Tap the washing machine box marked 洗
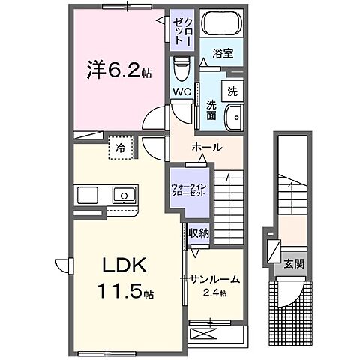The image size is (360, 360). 232,91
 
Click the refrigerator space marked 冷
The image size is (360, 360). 120,148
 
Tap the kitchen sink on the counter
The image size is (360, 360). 123,196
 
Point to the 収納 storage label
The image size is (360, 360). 198,233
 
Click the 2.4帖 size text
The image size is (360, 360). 217,291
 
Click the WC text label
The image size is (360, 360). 182,92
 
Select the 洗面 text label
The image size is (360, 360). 212,110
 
